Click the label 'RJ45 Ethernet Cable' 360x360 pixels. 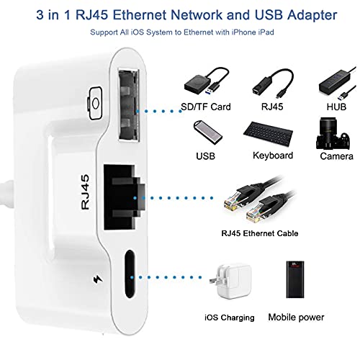coord(259,233)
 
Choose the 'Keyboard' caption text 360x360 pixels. coord(273,155)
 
